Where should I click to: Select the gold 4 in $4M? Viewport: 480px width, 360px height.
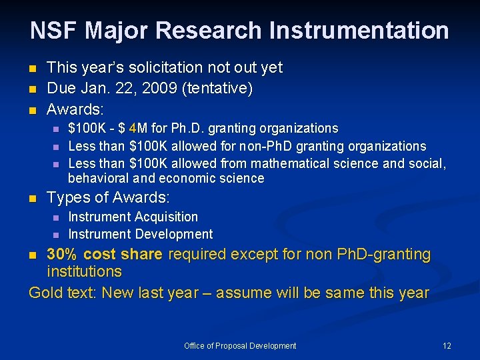click(133, 128)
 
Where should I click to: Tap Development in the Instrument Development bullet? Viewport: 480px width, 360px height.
click(174, 234)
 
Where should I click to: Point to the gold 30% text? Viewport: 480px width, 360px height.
click(61, 254)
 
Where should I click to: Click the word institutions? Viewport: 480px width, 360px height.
click(84, 271)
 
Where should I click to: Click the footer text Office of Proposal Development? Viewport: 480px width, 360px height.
click(240, 345)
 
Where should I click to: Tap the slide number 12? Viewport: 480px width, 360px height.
click(447, 345)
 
